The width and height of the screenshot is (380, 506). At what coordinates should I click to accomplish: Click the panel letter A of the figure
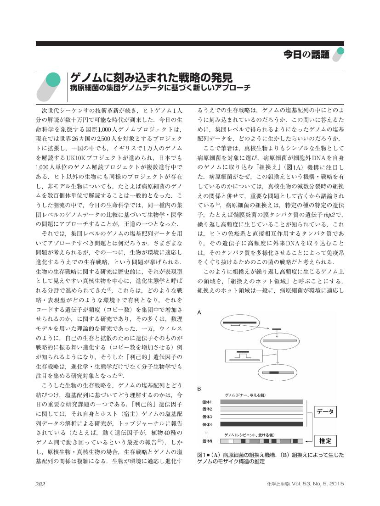[x=199, y=312]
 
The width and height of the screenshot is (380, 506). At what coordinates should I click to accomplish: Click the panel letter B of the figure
[x=199, y=389]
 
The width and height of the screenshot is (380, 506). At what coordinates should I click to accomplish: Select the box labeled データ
[x=325, y=411]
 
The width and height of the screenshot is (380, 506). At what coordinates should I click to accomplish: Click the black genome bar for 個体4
[x=261, y=424]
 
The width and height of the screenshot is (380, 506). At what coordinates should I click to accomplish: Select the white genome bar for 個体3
[x=261, y=417]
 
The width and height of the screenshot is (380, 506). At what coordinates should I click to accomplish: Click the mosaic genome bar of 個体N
[x=261, y=441]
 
